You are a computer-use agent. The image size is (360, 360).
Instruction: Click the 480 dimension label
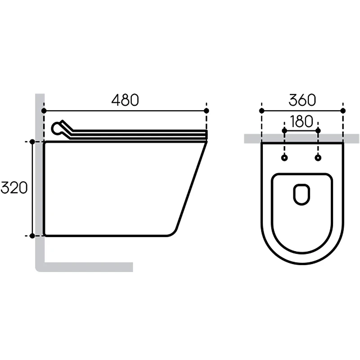(125, 100)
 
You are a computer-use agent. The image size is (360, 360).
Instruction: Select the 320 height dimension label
(14, 188)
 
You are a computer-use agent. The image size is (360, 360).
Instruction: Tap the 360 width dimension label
(302, 100)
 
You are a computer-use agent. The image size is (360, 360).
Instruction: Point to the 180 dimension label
(301, 121)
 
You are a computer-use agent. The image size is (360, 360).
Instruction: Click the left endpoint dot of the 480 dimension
(44, 111)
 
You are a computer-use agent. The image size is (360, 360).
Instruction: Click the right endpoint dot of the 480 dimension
(207, 111)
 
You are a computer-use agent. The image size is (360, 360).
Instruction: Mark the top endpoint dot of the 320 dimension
(32, 142)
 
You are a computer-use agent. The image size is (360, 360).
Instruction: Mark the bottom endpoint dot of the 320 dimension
(32, 236)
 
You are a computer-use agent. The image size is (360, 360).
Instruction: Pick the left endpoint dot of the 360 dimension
(262, 111)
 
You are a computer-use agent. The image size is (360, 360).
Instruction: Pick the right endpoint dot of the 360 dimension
(343, 111)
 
